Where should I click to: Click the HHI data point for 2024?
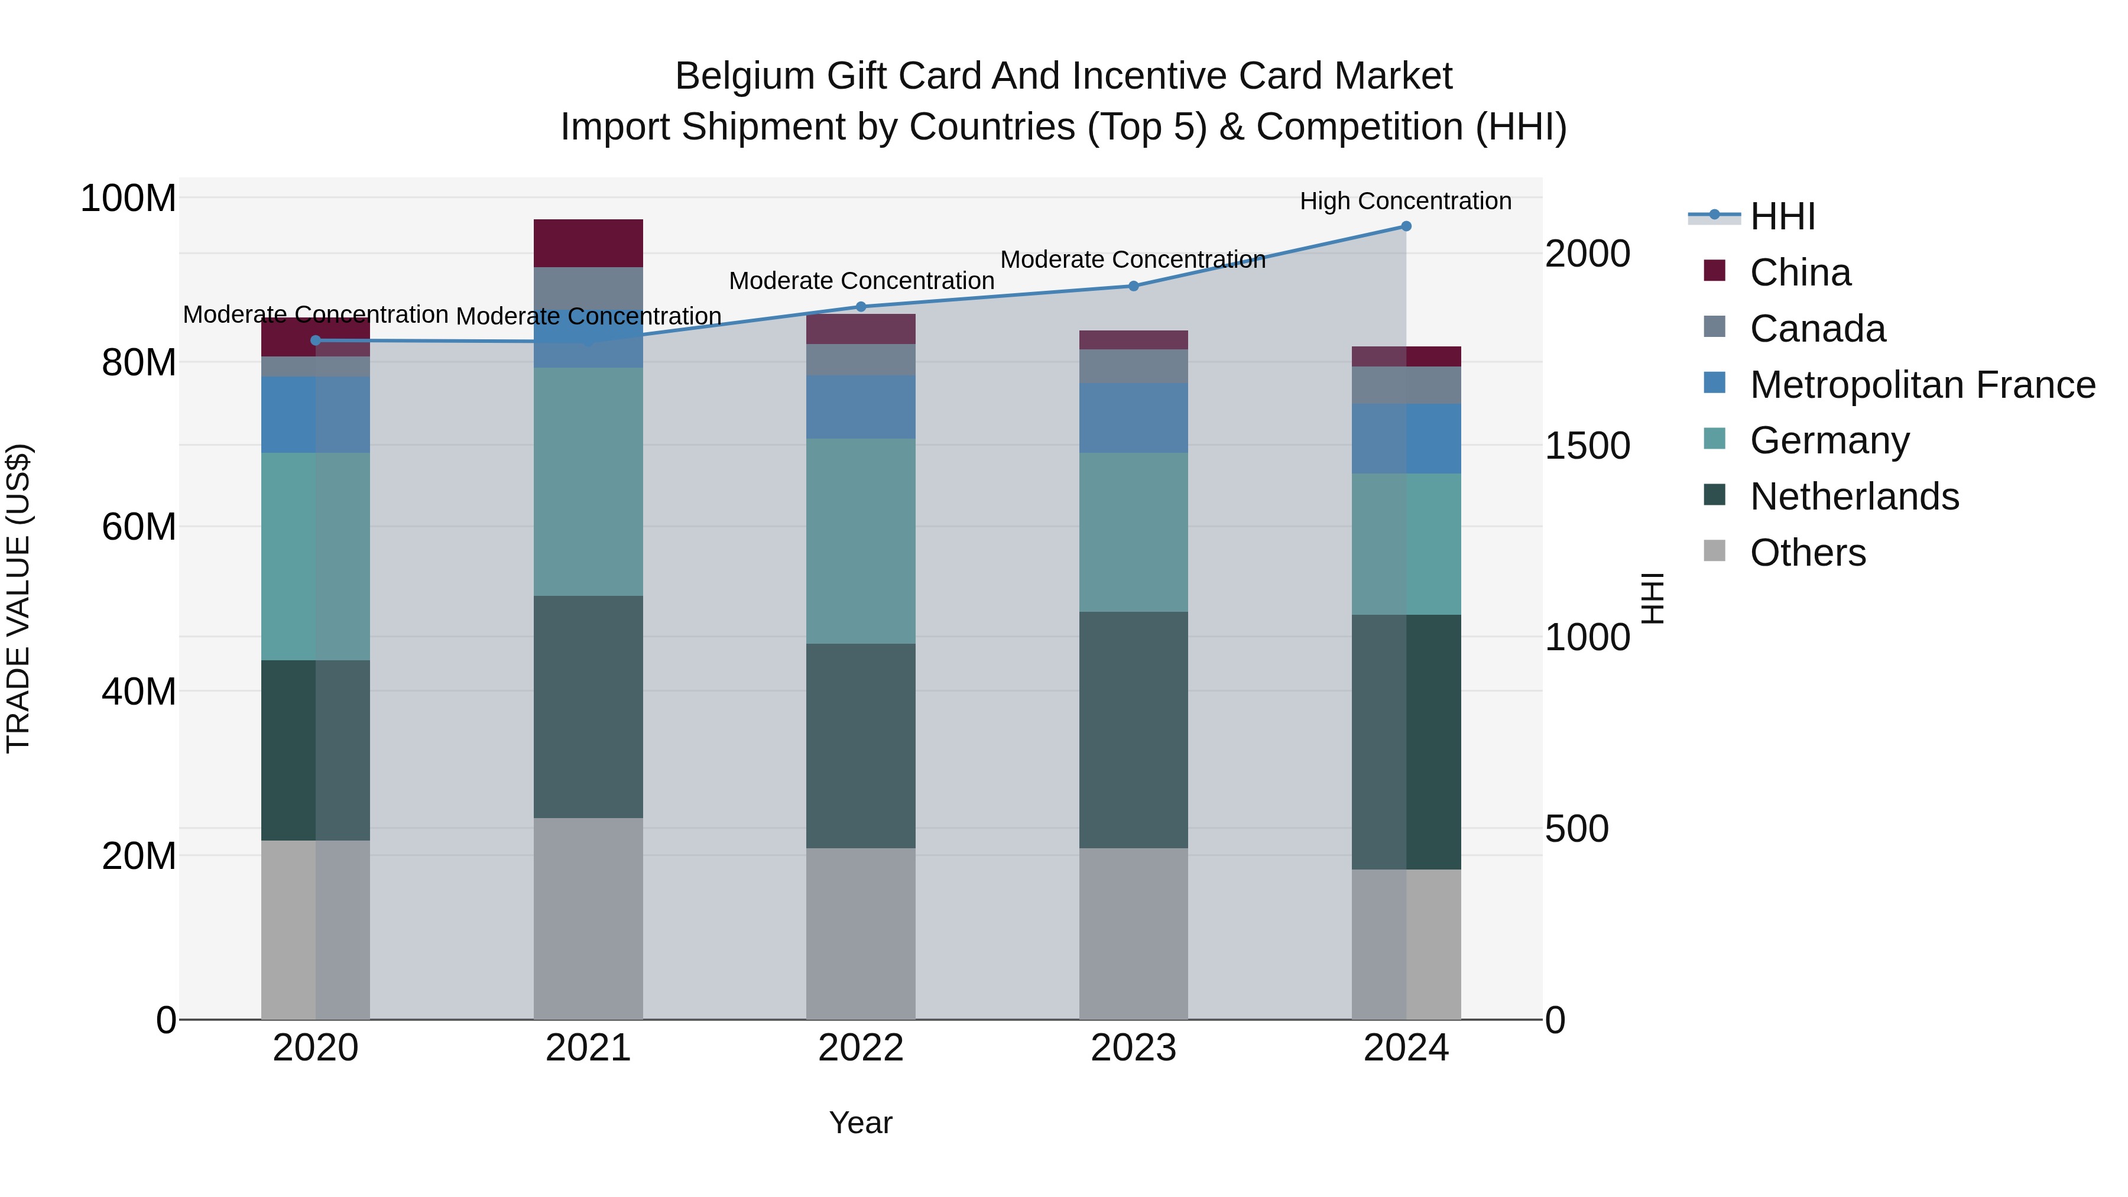[1406, 226]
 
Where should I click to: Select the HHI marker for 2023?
[1133, 286]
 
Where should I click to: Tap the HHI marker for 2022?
[861, 306]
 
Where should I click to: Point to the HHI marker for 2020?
[316, 340]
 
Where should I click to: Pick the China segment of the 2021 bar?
[588, 243]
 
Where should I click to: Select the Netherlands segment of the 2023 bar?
[1133, 729]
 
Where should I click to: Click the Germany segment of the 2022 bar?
[861, 541]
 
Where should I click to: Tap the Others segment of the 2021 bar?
[588, 919]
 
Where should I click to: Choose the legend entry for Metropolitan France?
[1922, 385]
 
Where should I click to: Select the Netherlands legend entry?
[1854, 497]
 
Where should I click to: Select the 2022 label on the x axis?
[861, 1048]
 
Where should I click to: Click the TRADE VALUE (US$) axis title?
[18, 598]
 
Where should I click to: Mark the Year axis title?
[861, 1123]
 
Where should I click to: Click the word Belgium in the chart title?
[745, 76]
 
